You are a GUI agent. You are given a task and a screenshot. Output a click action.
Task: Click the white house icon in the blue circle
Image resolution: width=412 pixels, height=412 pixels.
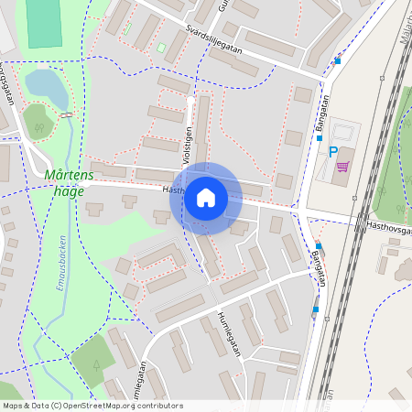pyautogui.click(x=206, y=198)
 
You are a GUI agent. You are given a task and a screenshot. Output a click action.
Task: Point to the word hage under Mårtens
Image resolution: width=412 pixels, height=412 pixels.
pyautogui.click(x=69, y=190)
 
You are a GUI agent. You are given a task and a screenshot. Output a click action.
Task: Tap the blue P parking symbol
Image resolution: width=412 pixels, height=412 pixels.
pyautogui.click(x=332, y=152)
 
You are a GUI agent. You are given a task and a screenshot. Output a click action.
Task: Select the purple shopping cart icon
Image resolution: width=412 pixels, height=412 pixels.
pyautogui.click(x=342, y=167)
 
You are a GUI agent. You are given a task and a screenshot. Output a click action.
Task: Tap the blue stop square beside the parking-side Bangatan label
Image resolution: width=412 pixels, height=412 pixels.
pyautogui.click(x=320, y=138)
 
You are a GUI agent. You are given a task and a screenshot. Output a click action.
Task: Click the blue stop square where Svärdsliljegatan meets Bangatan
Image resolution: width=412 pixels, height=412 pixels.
pyautogui.click(x=338, y=61)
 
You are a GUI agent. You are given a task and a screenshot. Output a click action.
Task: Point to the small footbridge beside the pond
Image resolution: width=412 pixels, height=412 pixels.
pyautogui.click(x=66, y=114)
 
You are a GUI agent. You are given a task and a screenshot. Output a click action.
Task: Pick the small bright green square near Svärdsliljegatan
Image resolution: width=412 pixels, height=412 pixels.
pyautogui.click(x=161, y=47)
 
